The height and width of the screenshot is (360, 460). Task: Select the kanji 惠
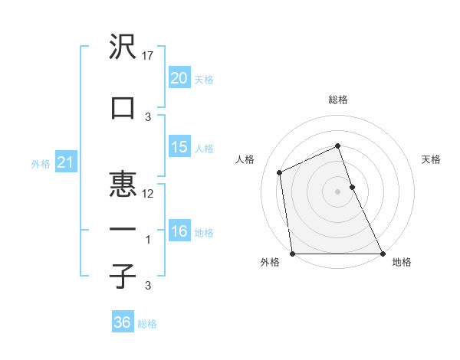[x=123, y=185]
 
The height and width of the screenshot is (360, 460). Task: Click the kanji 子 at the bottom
[x=123, y=277]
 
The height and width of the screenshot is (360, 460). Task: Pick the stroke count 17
[x=149, y=56]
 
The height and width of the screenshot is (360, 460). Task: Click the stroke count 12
[x=149, y=193]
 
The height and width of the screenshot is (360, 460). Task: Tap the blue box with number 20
[x=179, y=78]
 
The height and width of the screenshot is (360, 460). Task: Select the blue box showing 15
[x=179, y=147]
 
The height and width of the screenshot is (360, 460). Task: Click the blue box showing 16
[x=179, y=231]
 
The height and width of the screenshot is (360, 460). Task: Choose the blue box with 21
[x=65, y=162]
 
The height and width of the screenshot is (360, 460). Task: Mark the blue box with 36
[x=123, y=322]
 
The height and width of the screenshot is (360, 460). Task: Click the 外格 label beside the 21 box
[x=41, y=163]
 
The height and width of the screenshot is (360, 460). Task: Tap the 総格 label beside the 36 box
[x=147, y=323]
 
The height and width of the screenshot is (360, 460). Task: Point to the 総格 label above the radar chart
[x=338, y=100]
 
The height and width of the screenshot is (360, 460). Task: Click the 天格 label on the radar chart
[x=432, y=159]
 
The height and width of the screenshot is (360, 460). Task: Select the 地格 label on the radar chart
[x=402, y=263]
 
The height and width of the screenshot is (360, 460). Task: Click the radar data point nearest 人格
[x=280, y=172]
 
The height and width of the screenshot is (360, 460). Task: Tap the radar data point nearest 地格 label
[x=383, y=254]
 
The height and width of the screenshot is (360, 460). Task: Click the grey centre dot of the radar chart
[x=338, y=191]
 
